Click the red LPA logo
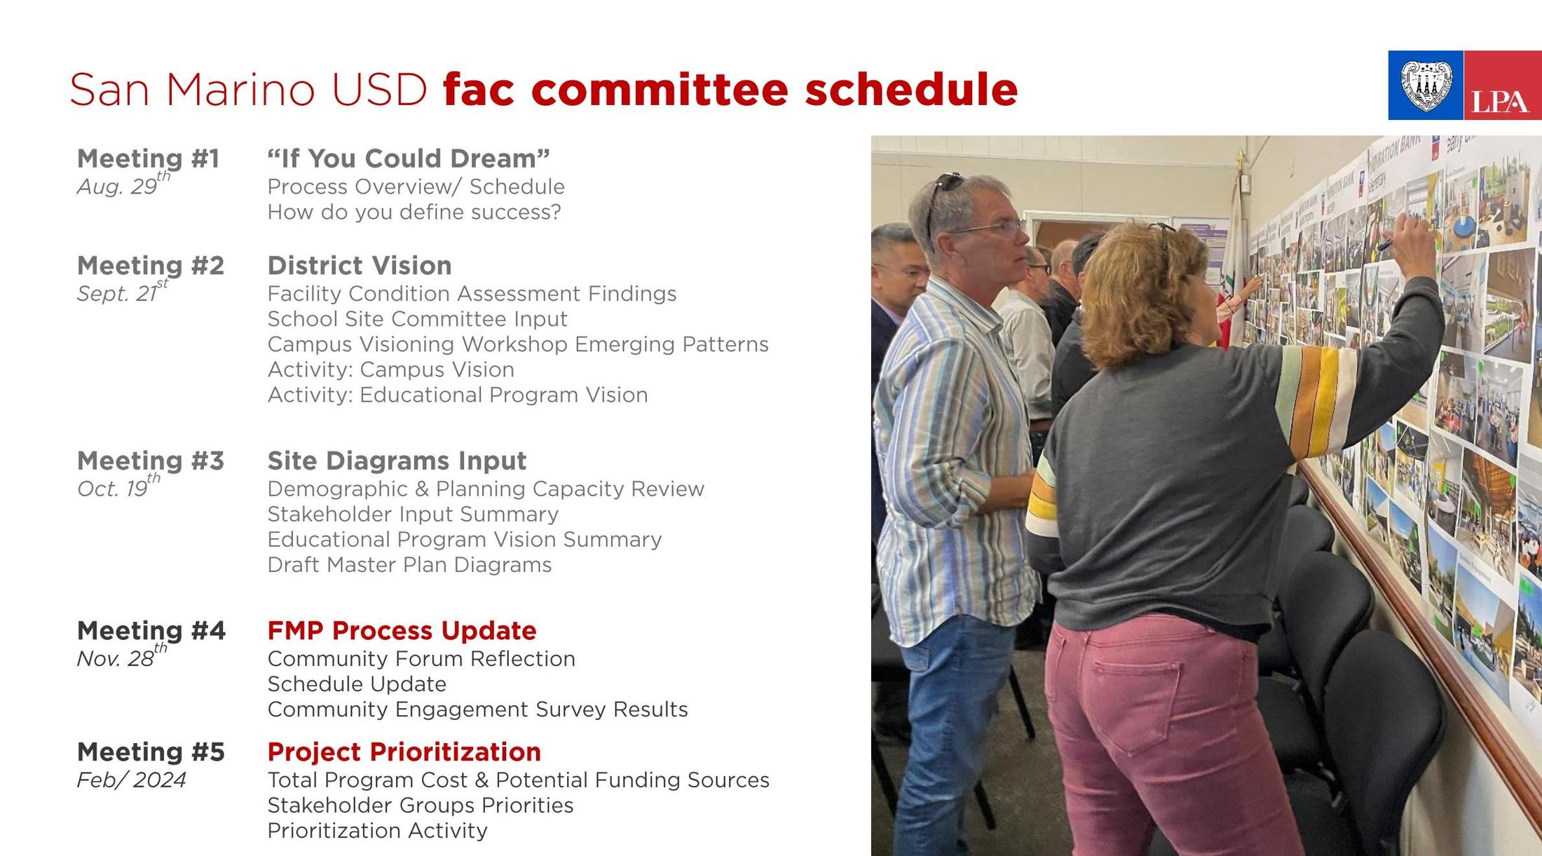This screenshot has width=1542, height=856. point(1502,86)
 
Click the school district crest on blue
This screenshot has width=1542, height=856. point(1425,86)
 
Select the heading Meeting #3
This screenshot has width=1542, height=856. point(150,461)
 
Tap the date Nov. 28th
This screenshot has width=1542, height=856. point(121,658)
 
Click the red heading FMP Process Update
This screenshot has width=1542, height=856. point(401,630)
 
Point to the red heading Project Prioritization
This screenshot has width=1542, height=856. point(404,752)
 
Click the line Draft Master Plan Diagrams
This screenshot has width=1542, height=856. point(409,564)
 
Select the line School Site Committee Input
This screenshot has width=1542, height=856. point(416,319)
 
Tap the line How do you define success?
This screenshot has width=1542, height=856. point(414,212)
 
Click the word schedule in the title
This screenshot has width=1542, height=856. point(910,89)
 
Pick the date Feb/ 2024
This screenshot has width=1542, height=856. point(131,780)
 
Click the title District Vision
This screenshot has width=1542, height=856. point(359,266)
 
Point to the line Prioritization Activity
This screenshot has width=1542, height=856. point(376,831)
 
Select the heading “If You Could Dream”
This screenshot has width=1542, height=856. point(408,158)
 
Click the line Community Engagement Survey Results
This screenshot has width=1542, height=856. point(477,709)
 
